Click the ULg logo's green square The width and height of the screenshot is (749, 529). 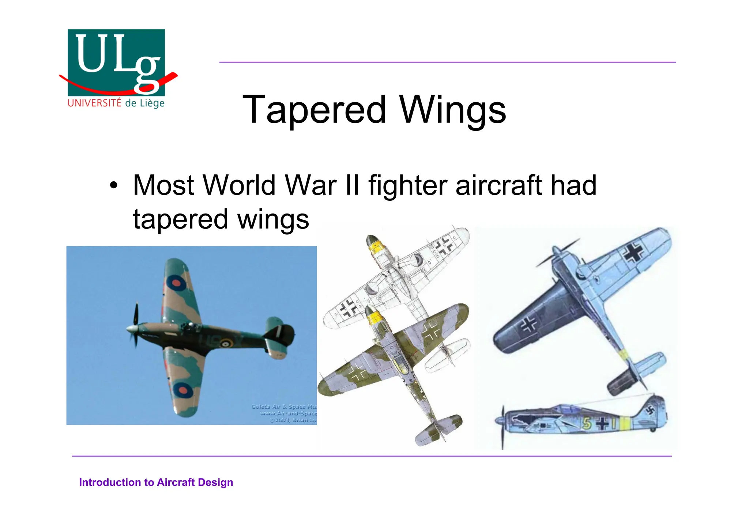[116, 62]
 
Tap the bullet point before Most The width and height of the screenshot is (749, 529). [114, 185]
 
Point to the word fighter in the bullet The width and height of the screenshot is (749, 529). [407, 185]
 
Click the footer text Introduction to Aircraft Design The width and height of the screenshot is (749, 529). [156, 483]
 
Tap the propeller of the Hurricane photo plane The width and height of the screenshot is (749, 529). [135, 325]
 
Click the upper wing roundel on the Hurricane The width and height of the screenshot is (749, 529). [176, 283]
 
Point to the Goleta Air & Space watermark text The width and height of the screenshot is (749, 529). [284, 413]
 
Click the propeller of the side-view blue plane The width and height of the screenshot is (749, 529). [502, 426]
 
